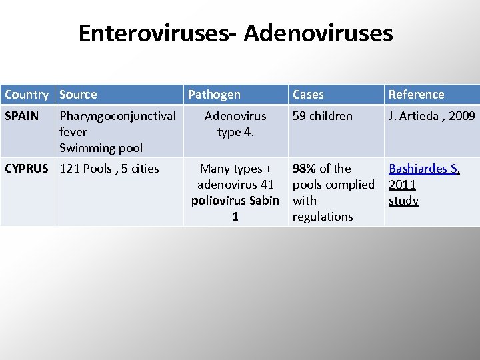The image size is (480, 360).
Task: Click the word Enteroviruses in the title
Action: coord(153,33)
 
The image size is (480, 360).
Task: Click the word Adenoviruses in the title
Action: coord(318,33)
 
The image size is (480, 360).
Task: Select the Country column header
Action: coord(27,95)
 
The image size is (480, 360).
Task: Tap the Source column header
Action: coord(78,95)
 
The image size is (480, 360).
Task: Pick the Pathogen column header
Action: coord(214,95)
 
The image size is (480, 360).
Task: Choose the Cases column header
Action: coord(308,95)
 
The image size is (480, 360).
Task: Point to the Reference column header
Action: coord(416,95)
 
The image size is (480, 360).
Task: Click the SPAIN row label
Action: coord(22,116)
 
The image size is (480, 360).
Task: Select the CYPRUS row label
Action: coord(27,169)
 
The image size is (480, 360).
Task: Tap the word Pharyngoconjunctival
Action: coord(118,116)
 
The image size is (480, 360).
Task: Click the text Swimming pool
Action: coord(101,147)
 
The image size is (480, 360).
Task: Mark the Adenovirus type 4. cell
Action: coord(235,124)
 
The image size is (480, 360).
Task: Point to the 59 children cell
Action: coord(323,116)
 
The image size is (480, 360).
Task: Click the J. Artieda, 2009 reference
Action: coord(432,116)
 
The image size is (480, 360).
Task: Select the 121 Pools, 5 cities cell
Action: coord(109,169)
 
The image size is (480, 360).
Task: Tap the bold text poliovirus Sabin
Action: coord(235,201)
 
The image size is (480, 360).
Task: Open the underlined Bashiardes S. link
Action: coord(424,169)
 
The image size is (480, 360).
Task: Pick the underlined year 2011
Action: coord(402,185)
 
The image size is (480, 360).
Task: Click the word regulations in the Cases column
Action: coord(323,217)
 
